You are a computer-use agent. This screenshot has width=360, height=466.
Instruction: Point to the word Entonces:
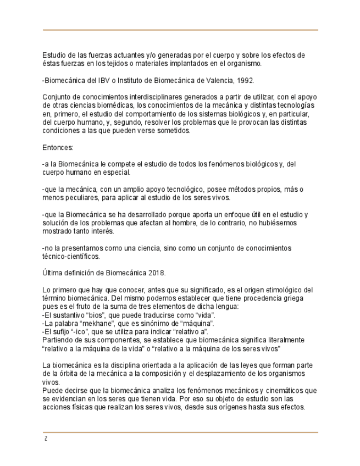click(58, 147)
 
